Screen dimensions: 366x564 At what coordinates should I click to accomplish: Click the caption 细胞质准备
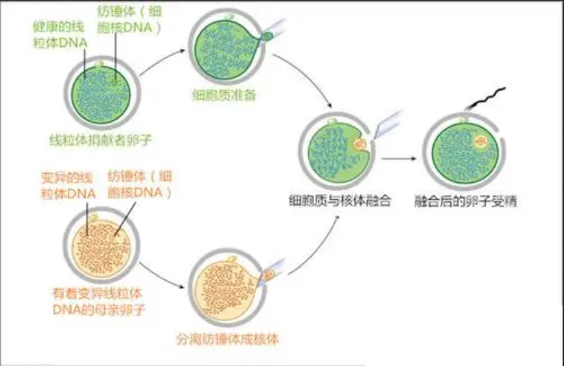224,94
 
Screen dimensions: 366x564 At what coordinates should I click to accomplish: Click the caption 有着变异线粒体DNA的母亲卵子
94,302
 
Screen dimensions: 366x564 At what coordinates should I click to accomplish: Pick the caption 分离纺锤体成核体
229,342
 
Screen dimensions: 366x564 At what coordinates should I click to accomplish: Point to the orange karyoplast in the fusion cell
361,145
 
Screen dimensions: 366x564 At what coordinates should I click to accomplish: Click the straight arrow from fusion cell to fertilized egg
400,159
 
